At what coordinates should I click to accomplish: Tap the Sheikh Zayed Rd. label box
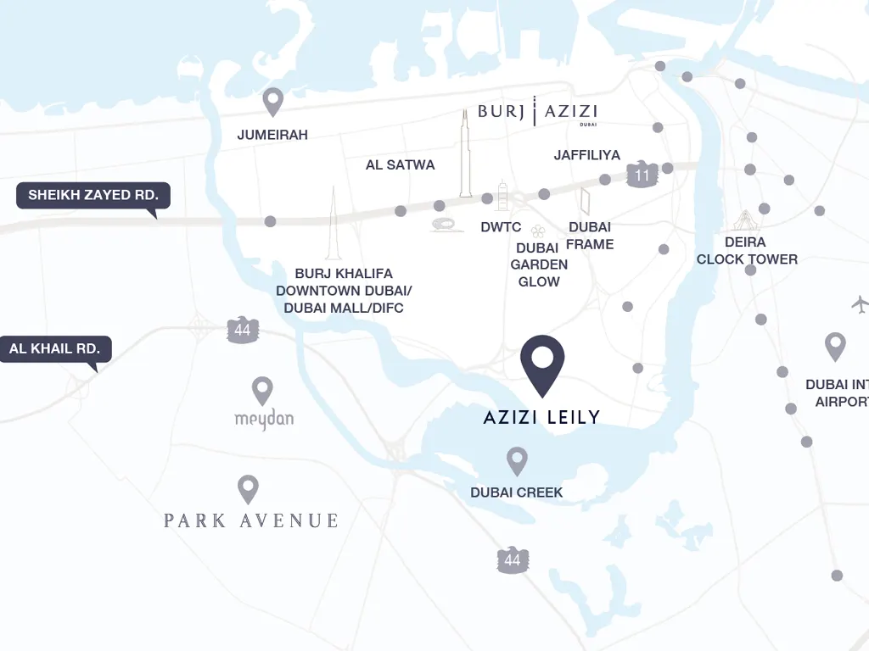(93, 196)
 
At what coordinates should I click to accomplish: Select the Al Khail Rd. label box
(55, 348)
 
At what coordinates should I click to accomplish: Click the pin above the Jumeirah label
(272, 101)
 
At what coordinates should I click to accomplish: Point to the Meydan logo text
(263, 420)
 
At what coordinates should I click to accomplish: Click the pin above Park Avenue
(248, 488)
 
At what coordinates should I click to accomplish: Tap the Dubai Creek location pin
(517, 460)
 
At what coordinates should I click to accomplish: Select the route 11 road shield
(642, 175)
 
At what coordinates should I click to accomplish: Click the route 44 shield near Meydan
(243, 330)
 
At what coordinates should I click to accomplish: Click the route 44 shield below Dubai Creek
(513, 559)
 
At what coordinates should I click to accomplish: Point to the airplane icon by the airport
(860, 303)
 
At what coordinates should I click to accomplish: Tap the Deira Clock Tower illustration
(744, 221)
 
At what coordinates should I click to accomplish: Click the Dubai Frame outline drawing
(585, 201)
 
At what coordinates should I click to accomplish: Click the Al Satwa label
(400, 165)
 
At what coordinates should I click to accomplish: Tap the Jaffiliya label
(586, 155)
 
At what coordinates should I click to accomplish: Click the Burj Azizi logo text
(537, 111)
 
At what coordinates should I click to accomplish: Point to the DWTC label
(501, 227)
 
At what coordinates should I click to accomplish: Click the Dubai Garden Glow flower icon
(537, 231)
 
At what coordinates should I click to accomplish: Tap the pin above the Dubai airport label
(835, 346)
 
